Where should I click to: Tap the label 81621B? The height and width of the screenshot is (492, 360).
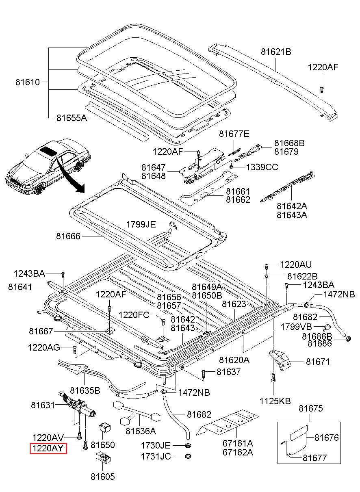(x=276, y=52)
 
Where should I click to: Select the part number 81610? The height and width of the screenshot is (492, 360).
(x=28, y=82)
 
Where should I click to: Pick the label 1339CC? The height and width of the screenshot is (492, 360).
(x=262, y=167)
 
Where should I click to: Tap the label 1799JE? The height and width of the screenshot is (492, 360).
(x=141, y=224)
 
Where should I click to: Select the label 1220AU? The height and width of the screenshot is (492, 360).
(x=295, y=265)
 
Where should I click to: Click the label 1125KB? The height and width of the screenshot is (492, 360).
(x=275, y=401)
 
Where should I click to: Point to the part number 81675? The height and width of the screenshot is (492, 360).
(x=311, y=408)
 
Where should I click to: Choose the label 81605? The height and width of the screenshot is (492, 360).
(x=102, y=477)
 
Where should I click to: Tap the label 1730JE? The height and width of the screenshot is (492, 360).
(x=156, y=446)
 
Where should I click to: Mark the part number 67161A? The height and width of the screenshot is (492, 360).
(x=238, y=443)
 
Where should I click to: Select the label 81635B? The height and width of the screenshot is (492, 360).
(x=85, y=391)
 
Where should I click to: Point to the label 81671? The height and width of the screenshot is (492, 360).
(x=318, y=362)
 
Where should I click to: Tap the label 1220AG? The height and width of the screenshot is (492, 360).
(x=44, y=347)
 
